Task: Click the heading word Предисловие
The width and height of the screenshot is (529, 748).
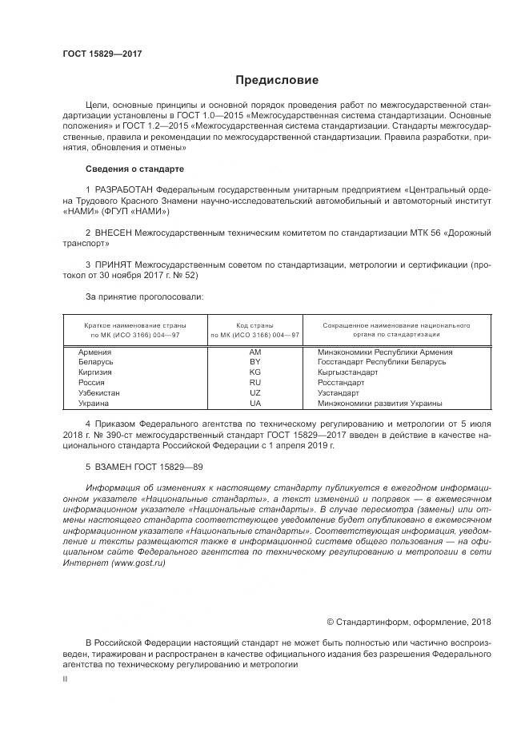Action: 276,81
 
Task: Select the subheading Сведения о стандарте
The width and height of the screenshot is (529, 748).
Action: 134,169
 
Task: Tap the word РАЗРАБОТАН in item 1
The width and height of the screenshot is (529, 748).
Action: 124,189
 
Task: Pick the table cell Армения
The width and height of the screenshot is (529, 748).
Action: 94,352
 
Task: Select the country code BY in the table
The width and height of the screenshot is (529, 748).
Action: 254,362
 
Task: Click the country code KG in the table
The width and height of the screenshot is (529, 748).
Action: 254,372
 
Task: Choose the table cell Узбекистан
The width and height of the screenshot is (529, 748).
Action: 99,393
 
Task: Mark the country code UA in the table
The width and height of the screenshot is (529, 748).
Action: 254,404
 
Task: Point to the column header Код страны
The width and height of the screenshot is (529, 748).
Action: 254,326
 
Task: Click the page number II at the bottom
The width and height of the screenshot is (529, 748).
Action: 66,678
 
